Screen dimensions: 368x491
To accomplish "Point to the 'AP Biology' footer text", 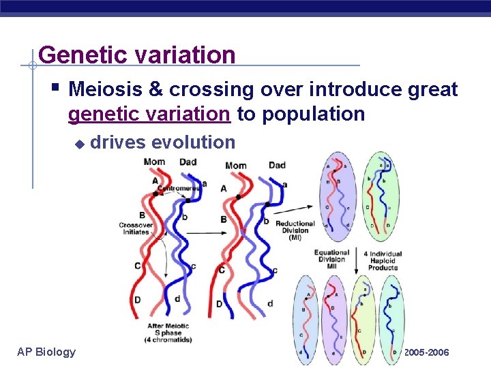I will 46,352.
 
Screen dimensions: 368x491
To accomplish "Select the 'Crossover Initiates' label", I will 136,228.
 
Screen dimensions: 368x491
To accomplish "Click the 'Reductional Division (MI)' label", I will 295,231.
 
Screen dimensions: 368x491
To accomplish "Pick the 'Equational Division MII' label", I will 331,259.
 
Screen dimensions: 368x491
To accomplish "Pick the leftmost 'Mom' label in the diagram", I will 155,163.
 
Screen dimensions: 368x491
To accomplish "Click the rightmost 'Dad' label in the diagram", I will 277,165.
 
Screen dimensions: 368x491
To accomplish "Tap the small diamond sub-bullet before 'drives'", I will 79,143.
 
